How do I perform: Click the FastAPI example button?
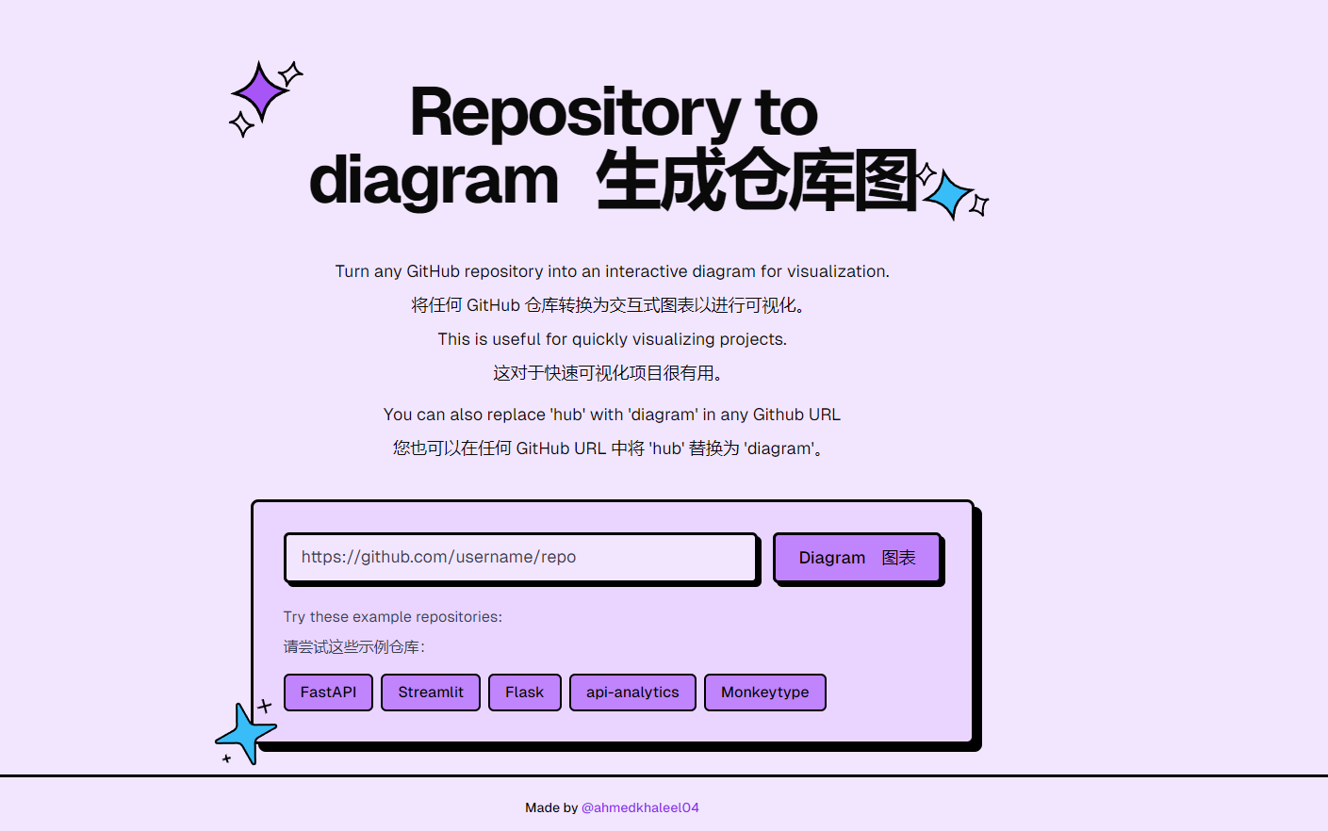(328, 692)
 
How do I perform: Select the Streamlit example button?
(431, 692)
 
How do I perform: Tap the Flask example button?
(524, 692)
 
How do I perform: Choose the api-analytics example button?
(632, 692)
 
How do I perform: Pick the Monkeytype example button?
(764, 692)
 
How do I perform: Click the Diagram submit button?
(857, 558)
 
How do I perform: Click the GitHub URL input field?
(521, 558)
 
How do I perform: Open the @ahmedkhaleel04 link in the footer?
(640, 807)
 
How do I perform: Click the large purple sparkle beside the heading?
(259, 92)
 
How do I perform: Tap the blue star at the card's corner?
(246, 732)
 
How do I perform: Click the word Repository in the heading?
(575, 113)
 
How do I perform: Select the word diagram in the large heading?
(434, 181)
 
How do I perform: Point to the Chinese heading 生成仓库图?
(756, 181)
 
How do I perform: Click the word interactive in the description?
(647, 271)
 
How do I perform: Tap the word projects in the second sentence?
(752, 339)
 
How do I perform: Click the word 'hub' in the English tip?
(568, 415)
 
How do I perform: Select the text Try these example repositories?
(392, 617)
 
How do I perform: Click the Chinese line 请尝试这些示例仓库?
(353, 647)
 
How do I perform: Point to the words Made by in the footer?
(551, 807)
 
